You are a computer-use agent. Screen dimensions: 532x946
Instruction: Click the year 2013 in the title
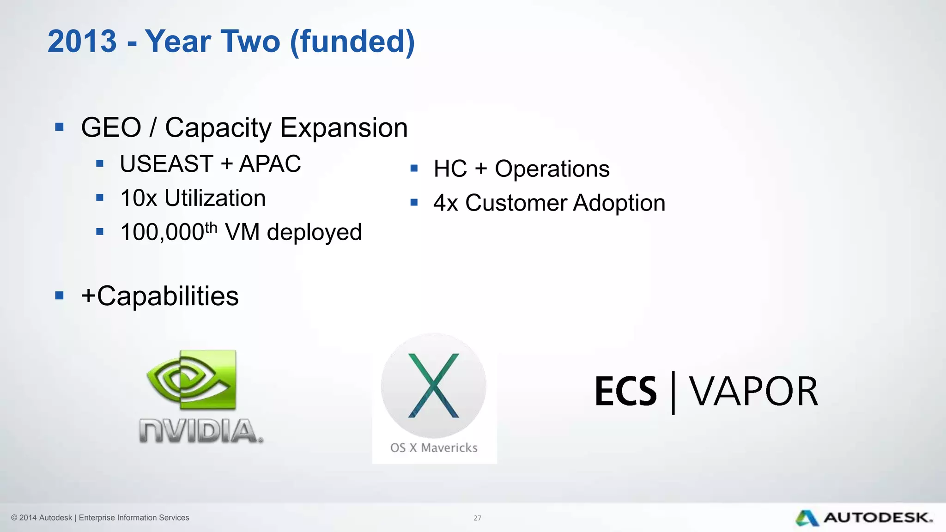click(x=82, y=42)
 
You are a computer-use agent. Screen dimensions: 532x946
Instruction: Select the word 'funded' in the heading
click(x=352, y=42)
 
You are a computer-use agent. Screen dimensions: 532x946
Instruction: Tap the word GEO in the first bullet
click(x=111, y=127)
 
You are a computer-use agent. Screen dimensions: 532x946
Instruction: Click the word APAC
click(x=270, y=164)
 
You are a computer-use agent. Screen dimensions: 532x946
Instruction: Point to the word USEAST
click(x=166, y=164)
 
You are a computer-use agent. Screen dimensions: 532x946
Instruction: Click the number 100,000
click(x=162, y=232)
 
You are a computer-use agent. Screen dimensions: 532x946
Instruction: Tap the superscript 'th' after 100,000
click(x=211, y=228)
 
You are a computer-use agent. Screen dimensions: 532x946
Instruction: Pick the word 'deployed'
click(x=314, y=232)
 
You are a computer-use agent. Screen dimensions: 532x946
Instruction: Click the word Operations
click(x=552, y=169)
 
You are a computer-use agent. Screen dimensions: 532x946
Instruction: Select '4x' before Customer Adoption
click(x=446, y=203)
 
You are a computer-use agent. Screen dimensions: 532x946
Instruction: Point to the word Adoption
click(x=619, y=203)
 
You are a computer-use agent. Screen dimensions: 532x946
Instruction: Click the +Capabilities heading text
click(x=160, y=296)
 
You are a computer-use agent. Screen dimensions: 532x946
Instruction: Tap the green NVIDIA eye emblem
click(x=191, y=380)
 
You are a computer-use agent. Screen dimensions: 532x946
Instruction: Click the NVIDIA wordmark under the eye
click(x=201, y=431)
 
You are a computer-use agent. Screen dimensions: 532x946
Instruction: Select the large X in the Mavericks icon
click(x=434, y=386)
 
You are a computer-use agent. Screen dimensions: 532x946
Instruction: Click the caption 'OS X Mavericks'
click(x=434, y=447)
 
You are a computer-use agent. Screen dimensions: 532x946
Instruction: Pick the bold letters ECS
click(x=625, y=392)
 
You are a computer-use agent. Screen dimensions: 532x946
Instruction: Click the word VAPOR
click(x=753, y=392)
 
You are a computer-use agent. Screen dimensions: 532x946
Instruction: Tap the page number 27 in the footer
click(x=477, y=518)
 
